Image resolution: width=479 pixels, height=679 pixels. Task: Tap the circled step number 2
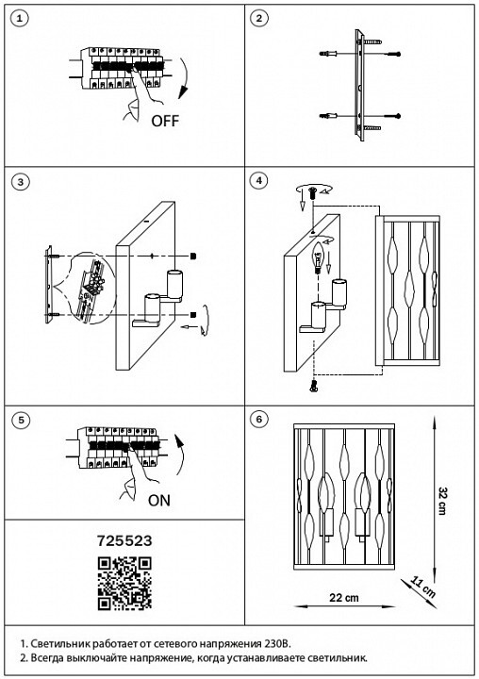coord(259,19)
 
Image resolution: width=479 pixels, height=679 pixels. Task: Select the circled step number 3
coord(21,182)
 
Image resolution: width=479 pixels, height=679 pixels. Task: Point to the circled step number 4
coord(259,180)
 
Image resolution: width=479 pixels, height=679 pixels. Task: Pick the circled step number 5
coord(21,420)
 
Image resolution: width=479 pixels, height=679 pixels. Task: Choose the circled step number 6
coord(259,419)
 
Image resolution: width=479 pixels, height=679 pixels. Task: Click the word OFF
coord(165,121)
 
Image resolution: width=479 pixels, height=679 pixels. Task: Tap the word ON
coord(159,501)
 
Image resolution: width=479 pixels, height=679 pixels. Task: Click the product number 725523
coord(124,541)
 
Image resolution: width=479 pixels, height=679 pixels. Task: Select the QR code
coord(124,584)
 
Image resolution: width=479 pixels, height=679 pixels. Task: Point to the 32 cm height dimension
coord(442,501)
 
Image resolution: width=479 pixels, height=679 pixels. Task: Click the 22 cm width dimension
coord(344,598)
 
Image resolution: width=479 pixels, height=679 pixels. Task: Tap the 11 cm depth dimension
coord(422,587)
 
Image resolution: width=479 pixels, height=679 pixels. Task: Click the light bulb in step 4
coord(320,257)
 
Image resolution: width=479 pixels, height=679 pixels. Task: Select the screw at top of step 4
coord(313,192)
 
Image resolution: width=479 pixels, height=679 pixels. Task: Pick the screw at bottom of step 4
coord(314,385)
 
